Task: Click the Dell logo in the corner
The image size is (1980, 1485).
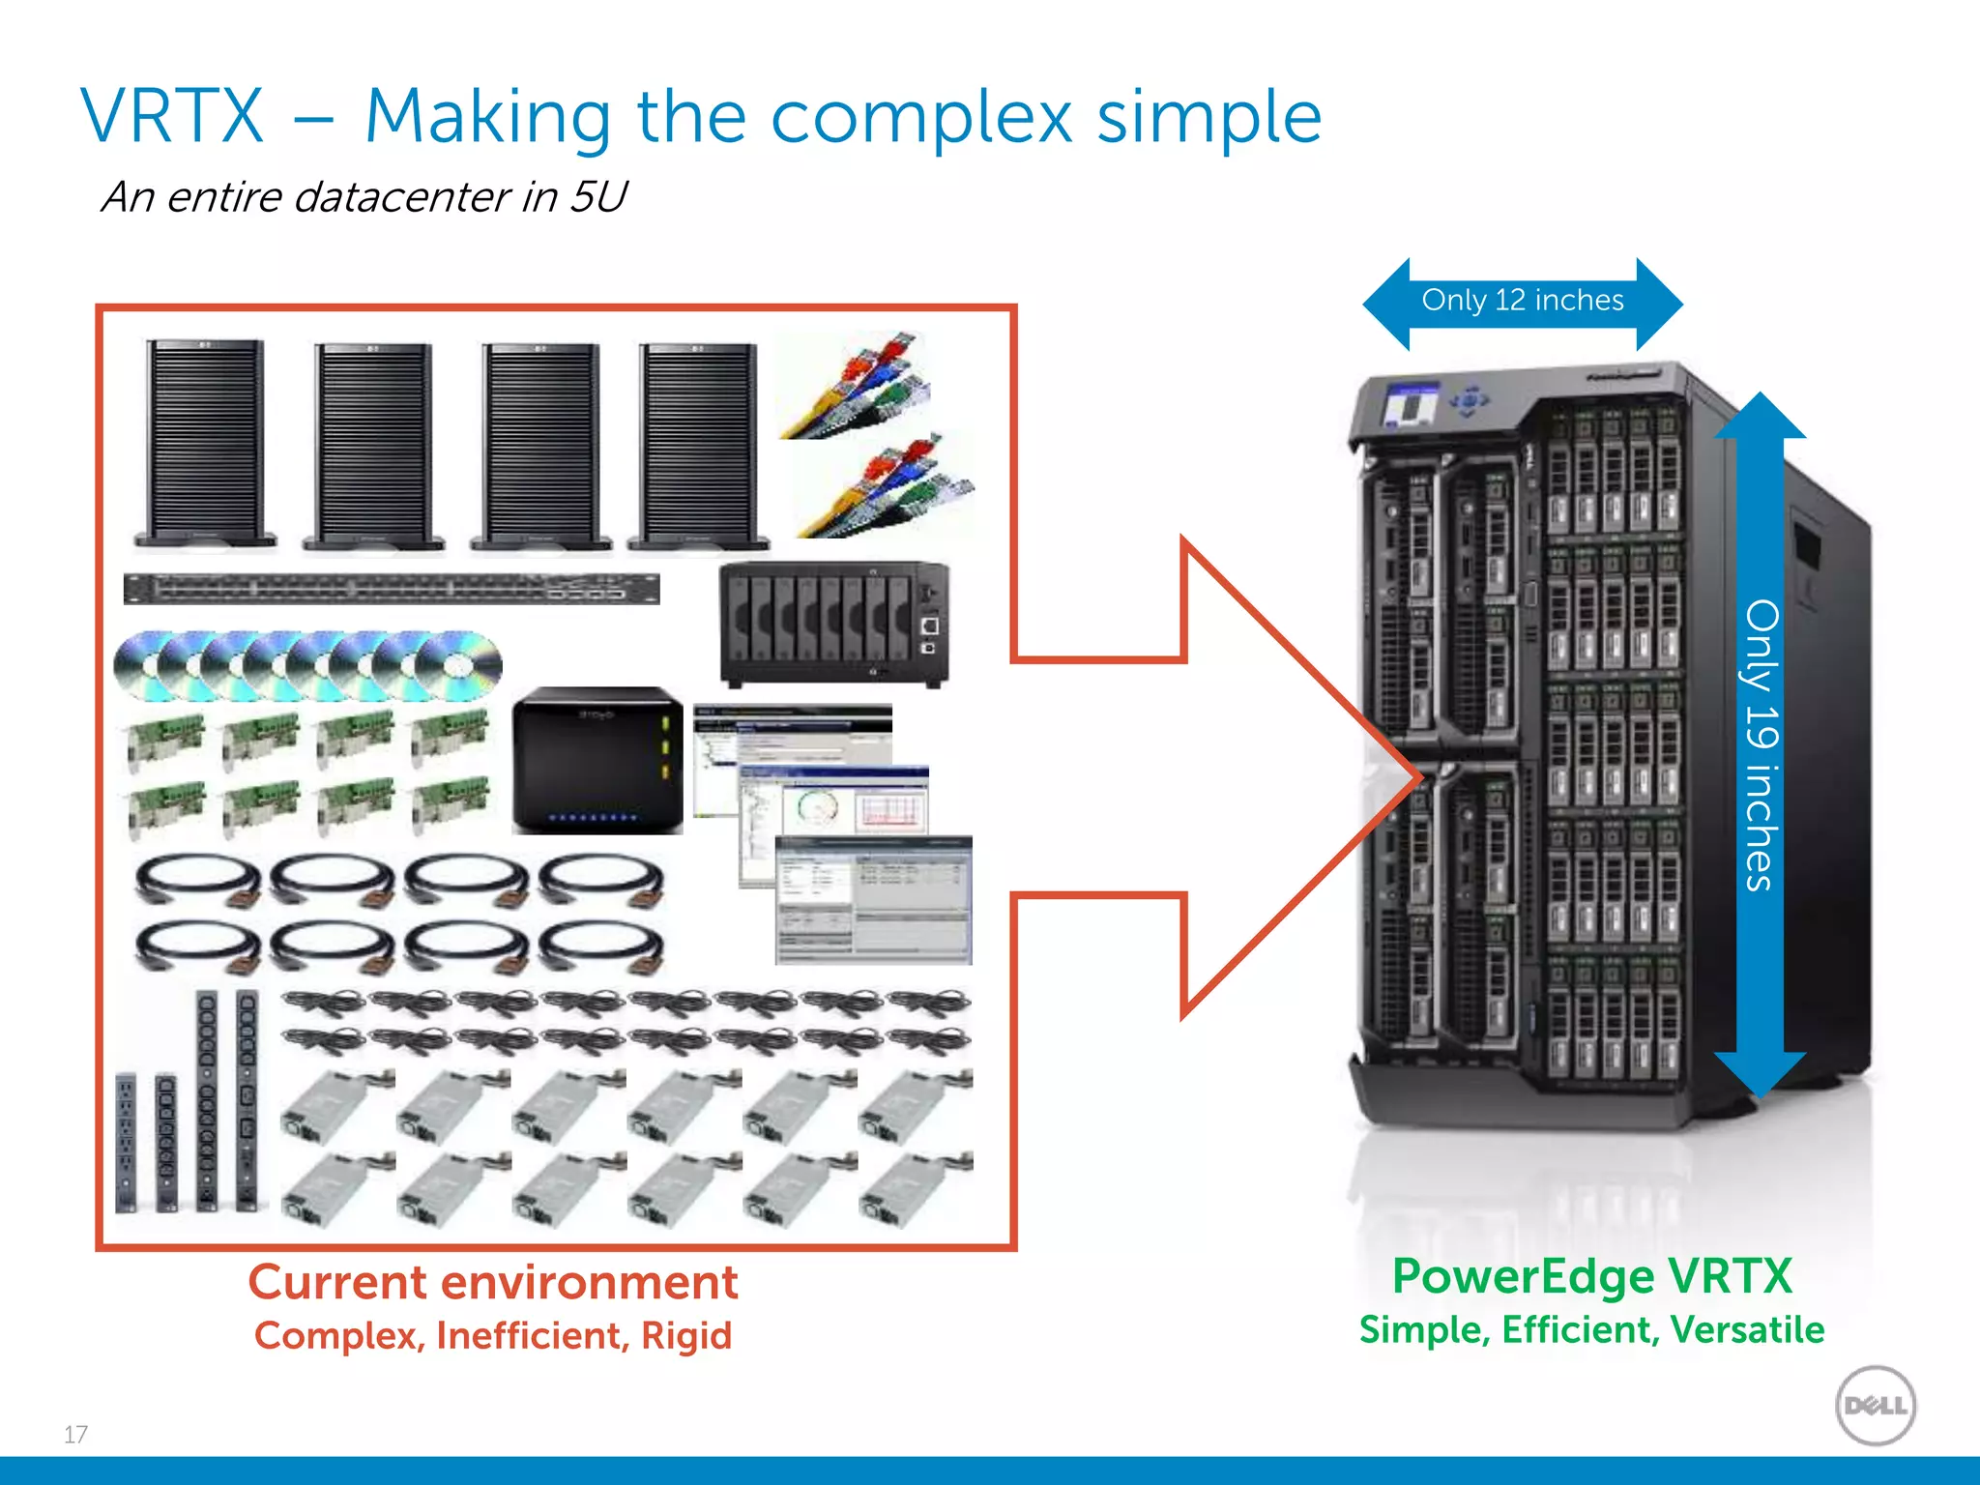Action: point(1876,1405)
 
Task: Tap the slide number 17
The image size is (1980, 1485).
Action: point(75,1434)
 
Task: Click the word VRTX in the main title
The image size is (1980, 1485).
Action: point(172,116)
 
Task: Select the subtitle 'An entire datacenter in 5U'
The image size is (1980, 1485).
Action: point(364,196)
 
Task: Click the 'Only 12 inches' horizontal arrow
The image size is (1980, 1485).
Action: point(1522,302)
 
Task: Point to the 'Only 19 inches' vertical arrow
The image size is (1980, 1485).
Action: point(1760,744)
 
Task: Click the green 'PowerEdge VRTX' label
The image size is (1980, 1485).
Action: point(1591,1276)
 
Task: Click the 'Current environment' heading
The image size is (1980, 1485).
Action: point(493,1283)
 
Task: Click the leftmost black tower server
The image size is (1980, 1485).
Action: point(205,445)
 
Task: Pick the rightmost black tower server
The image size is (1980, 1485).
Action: point(698,447)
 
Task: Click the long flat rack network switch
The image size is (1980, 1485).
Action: point(392,588)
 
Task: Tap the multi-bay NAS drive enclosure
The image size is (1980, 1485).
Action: point(833,624)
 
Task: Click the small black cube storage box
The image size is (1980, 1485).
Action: point(597,761)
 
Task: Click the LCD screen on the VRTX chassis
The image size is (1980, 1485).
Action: point(1412,405)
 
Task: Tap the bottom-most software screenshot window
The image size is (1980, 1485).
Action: point(873,901)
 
